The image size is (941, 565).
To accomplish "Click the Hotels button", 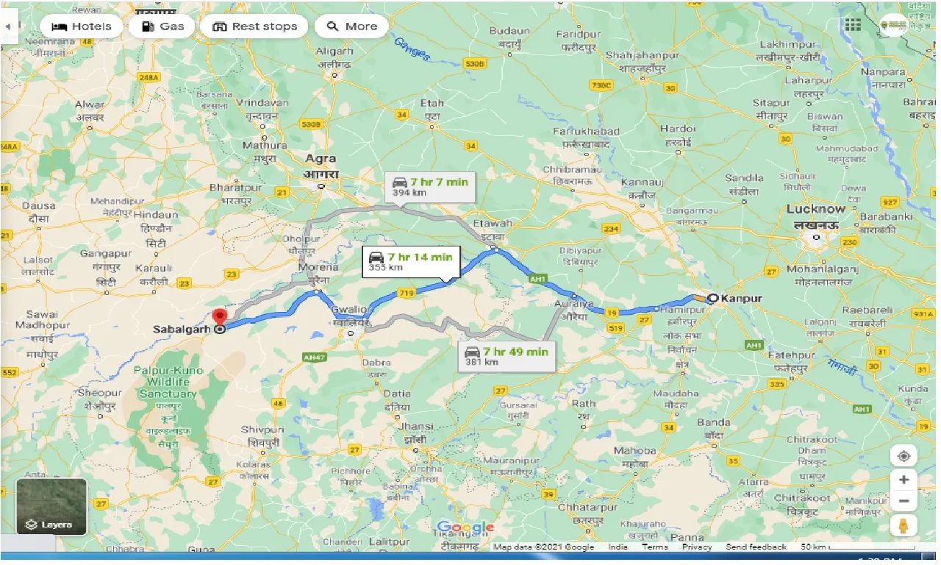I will tap(81, 26).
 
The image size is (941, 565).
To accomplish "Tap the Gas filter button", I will tap(162, 26).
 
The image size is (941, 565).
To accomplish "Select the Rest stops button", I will tap(254, 26).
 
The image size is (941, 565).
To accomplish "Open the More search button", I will tap(351, 26).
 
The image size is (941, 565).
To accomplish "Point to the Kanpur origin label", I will tap(742, 299).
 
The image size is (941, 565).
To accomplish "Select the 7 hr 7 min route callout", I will tap(430, 186).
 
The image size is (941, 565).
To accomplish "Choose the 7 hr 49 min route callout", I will tap(507, 356).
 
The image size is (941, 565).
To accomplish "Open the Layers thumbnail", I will tap(51, 507).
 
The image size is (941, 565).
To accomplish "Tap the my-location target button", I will tap(904, 455).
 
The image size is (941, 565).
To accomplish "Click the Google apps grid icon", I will tap(853, 26).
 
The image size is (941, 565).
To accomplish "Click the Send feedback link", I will tap(756, 547).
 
